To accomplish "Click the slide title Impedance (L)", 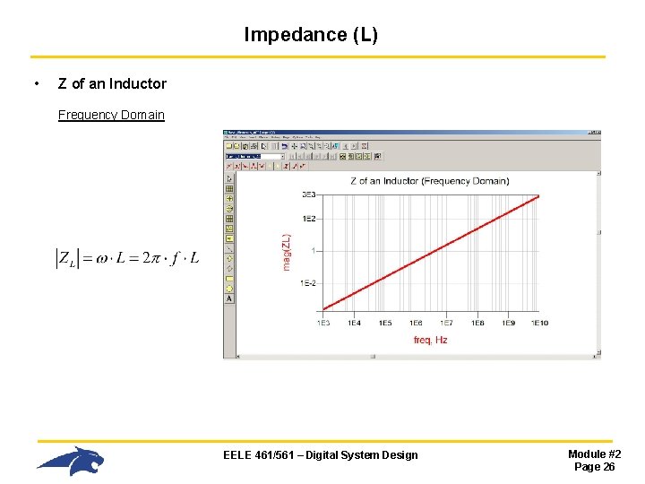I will pyautogui.click(x=311, y=35).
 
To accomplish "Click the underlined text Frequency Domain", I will pyautogui.click(x=111, y=115).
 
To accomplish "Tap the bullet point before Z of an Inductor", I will pyautogui.click(x=35, y=84).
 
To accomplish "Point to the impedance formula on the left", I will pyautogui.click(x=127, y=258).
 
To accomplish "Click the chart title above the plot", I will pyautogui.click(x=429, y=181).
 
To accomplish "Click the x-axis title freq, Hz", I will pyautogui.click(x=430, y=340).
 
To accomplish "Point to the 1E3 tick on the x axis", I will pyautogui.click(x=323, y=323).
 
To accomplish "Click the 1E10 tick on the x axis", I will pyautogui.click(x=538, y=323).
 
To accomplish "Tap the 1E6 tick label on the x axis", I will pyautogui.click(x=416, y=323).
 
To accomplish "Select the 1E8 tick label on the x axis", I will pyautogui.click(x=477, y=323).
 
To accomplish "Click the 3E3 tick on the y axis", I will pyautogui.click(x=308, y=194).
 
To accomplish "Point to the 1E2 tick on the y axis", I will pyautogui.click(x=308, y=219).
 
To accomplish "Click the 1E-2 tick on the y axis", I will pyautogui.click(x=307, y=283).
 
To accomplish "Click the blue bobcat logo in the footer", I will pyautogui.click(x=71, y=461).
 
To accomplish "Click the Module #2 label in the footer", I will pyautogui.click(x=594, y=454).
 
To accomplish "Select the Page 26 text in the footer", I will pyautogui.click(x=594, y=467).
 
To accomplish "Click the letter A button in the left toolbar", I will pyautogui.click(x=229, y=298).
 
